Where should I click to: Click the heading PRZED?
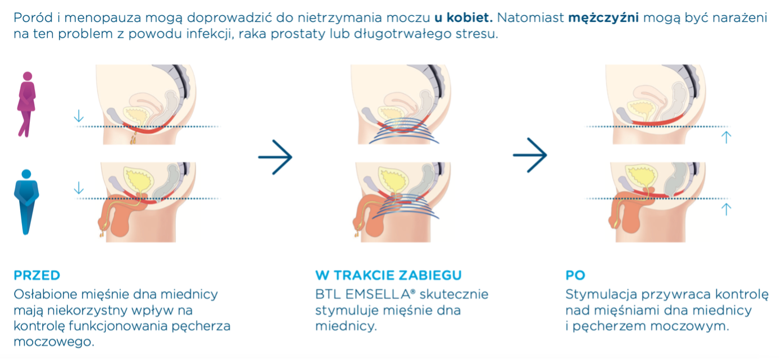tap(37, 275)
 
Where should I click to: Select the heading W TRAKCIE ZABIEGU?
tap(388, 275)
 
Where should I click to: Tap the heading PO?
tap(575, 275)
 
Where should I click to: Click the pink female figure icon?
tap(27, 104)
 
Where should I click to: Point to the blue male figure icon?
tap(26, 202)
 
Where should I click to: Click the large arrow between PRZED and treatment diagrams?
tap(275, 157)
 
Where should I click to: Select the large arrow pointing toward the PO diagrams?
tap(530, 155)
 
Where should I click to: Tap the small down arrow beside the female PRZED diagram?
tap(79, 116)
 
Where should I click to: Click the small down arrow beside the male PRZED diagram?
tap(79, 188)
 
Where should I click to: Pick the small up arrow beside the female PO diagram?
tap(726, 138)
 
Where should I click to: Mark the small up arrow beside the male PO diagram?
tap(726, 209)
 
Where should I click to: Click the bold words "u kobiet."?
tap(464, 17)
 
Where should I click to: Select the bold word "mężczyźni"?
tap(603, 17)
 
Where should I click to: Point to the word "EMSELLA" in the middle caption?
tap(378, 294)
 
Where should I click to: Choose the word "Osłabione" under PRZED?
tap(46, 294)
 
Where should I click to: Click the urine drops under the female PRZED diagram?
tap(133, 138)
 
